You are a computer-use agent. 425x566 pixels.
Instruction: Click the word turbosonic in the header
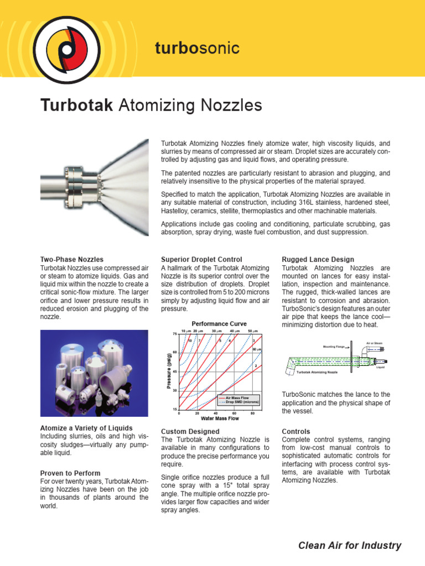coord(197,49)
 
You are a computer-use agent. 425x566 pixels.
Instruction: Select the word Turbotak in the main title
coord(75,105)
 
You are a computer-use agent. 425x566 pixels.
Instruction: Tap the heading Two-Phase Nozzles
coord(71,259)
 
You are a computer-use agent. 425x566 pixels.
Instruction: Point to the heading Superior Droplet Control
coord(204,259)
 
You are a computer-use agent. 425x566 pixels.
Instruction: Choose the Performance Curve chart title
coord(219,323)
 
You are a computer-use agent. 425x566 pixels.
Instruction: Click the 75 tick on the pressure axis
coord(174,334)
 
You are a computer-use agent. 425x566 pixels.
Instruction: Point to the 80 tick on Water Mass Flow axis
coord(252,413)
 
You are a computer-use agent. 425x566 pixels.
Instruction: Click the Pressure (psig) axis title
coord(169,371)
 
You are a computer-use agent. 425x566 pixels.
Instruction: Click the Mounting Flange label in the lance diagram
coord(334,347)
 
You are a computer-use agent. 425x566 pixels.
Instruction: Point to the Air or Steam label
coord(374,343)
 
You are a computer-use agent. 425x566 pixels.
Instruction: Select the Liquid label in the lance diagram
coord(380,367)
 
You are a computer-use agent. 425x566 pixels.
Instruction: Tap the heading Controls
coord(296,431)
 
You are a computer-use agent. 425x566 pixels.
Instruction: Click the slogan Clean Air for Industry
coord(349,546)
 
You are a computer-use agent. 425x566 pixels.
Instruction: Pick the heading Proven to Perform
coord(70,473)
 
